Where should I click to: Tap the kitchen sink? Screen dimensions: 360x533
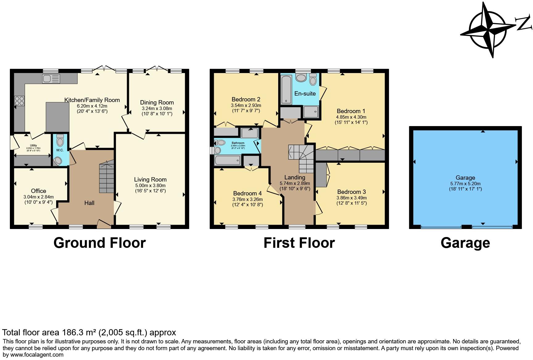51,79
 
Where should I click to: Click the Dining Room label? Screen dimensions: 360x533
157,102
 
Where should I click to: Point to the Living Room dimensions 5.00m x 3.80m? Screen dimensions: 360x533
150,186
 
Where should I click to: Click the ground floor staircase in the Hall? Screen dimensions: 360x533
107,178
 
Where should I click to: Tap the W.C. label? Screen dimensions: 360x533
60,150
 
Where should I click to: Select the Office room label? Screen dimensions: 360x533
39,191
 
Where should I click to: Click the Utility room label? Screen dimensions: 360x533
33,145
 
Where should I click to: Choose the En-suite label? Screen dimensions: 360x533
305,93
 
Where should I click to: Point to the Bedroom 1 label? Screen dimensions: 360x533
351,111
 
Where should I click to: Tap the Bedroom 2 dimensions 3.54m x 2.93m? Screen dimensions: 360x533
246,105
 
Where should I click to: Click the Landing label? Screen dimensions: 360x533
295,177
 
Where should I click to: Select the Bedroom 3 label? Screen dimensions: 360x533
351,192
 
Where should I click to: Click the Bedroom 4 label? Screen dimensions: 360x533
247,193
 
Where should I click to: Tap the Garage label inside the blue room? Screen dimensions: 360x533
465,178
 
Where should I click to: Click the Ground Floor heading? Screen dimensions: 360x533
99,243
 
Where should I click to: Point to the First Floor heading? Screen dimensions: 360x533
299,243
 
